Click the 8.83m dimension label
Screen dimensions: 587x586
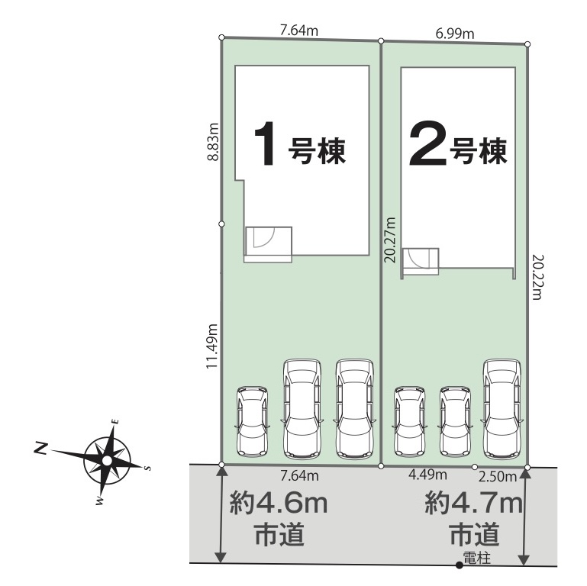213,141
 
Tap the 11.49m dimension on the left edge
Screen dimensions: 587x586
212,346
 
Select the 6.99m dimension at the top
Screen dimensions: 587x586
455,34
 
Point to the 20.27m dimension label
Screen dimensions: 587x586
390,240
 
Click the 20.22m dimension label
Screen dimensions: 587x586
537,277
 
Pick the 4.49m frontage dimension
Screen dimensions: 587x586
427,475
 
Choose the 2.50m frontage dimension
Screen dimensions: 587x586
498,477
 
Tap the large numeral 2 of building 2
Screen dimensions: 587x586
428,143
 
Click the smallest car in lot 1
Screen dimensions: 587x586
252,422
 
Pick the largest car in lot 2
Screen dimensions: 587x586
502,409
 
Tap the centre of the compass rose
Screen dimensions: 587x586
107,460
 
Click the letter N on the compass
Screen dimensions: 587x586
40,448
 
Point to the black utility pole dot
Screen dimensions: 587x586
459,566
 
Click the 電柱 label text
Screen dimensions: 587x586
476,559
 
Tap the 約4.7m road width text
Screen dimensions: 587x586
474,504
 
